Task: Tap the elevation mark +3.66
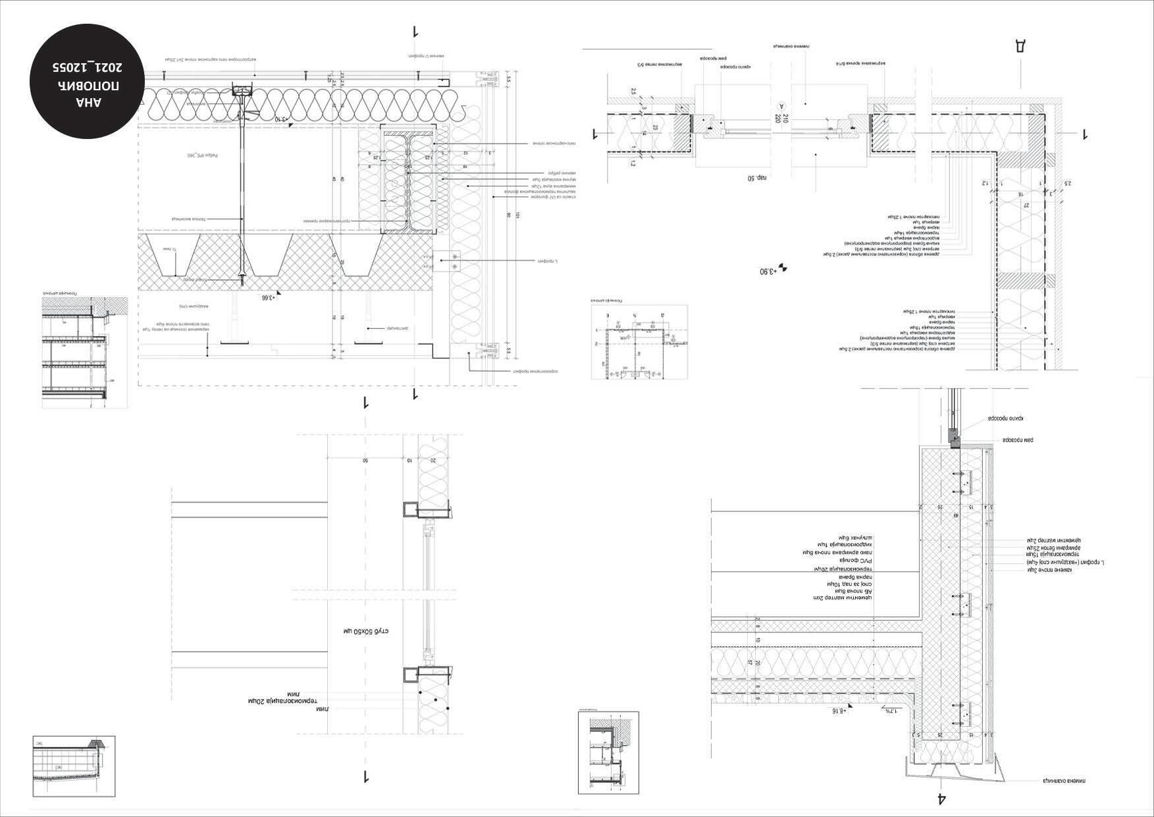(267, 297)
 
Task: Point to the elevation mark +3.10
(281, 119)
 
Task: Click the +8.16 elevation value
(839, 711)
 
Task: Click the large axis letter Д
(1020, 45)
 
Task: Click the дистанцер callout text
(398, 327)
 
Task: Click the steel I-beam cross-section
(408, 181)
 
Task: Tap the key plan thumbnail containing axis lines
(639, 341)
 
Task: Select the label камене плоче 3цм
(1049, 570)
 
